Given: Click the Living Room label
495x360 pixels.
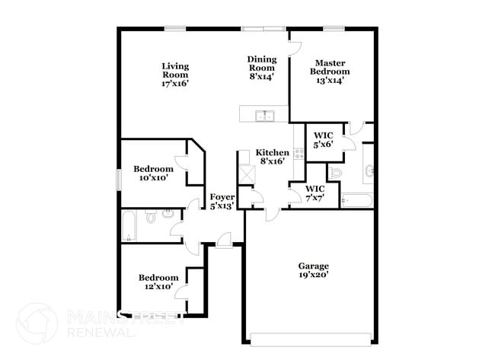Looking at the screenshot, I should pos(175,75).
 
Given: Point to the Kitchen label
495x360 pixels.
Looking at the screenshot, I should pos(272,157).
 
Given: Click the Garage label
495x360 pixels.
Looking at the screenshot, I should pos(312,270).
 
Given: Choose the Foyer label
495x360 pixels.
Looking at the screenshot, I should pos(222,201).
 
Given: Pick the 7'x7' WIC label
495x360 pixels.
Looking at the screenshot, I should pos(315,193).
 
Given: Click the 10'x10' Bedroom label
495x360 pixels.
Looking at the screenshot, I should pos(153,173).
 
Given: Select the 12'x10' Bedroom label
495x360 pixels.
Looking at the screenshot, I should pos(158,282).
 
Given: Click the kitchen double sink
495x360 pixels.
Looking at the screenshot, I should pos(265,116).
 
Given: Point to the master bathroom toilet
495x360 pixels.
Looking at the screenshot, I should pos(340,173).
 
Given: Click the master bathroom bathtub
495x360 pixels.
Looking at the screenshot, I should pos(356,202).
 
